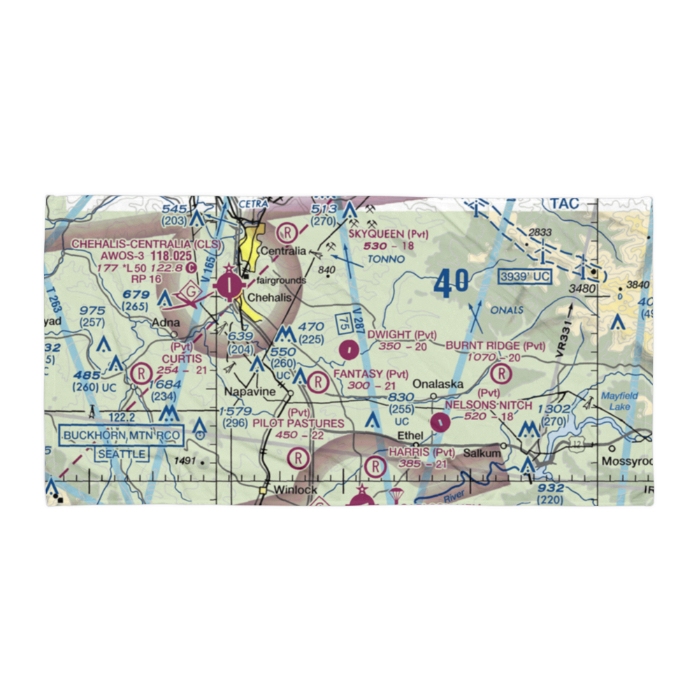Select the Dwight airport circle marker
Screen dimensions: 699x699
coord(348,349)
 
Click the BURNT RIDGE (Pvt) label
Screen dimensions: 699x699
coord(496,345)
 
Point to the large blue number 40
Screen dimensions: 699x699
coord(451,283)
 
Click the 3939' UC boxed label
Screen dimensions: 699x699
coord(525,278)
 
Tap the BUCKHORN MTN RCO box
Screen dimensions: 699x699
coord(122,437)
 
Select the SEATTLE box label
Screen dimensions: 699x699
coord(122,454)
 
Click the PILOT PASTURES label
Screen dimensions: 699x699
coord(298,424)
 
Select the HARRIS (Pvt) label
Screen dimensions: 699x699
coord(422,452)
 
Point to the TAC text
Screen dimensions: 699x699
coord(564,203)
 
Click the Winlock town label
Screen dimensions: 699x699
coord(296,489)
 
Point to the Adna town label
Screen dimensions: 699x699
coord(167,324)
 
